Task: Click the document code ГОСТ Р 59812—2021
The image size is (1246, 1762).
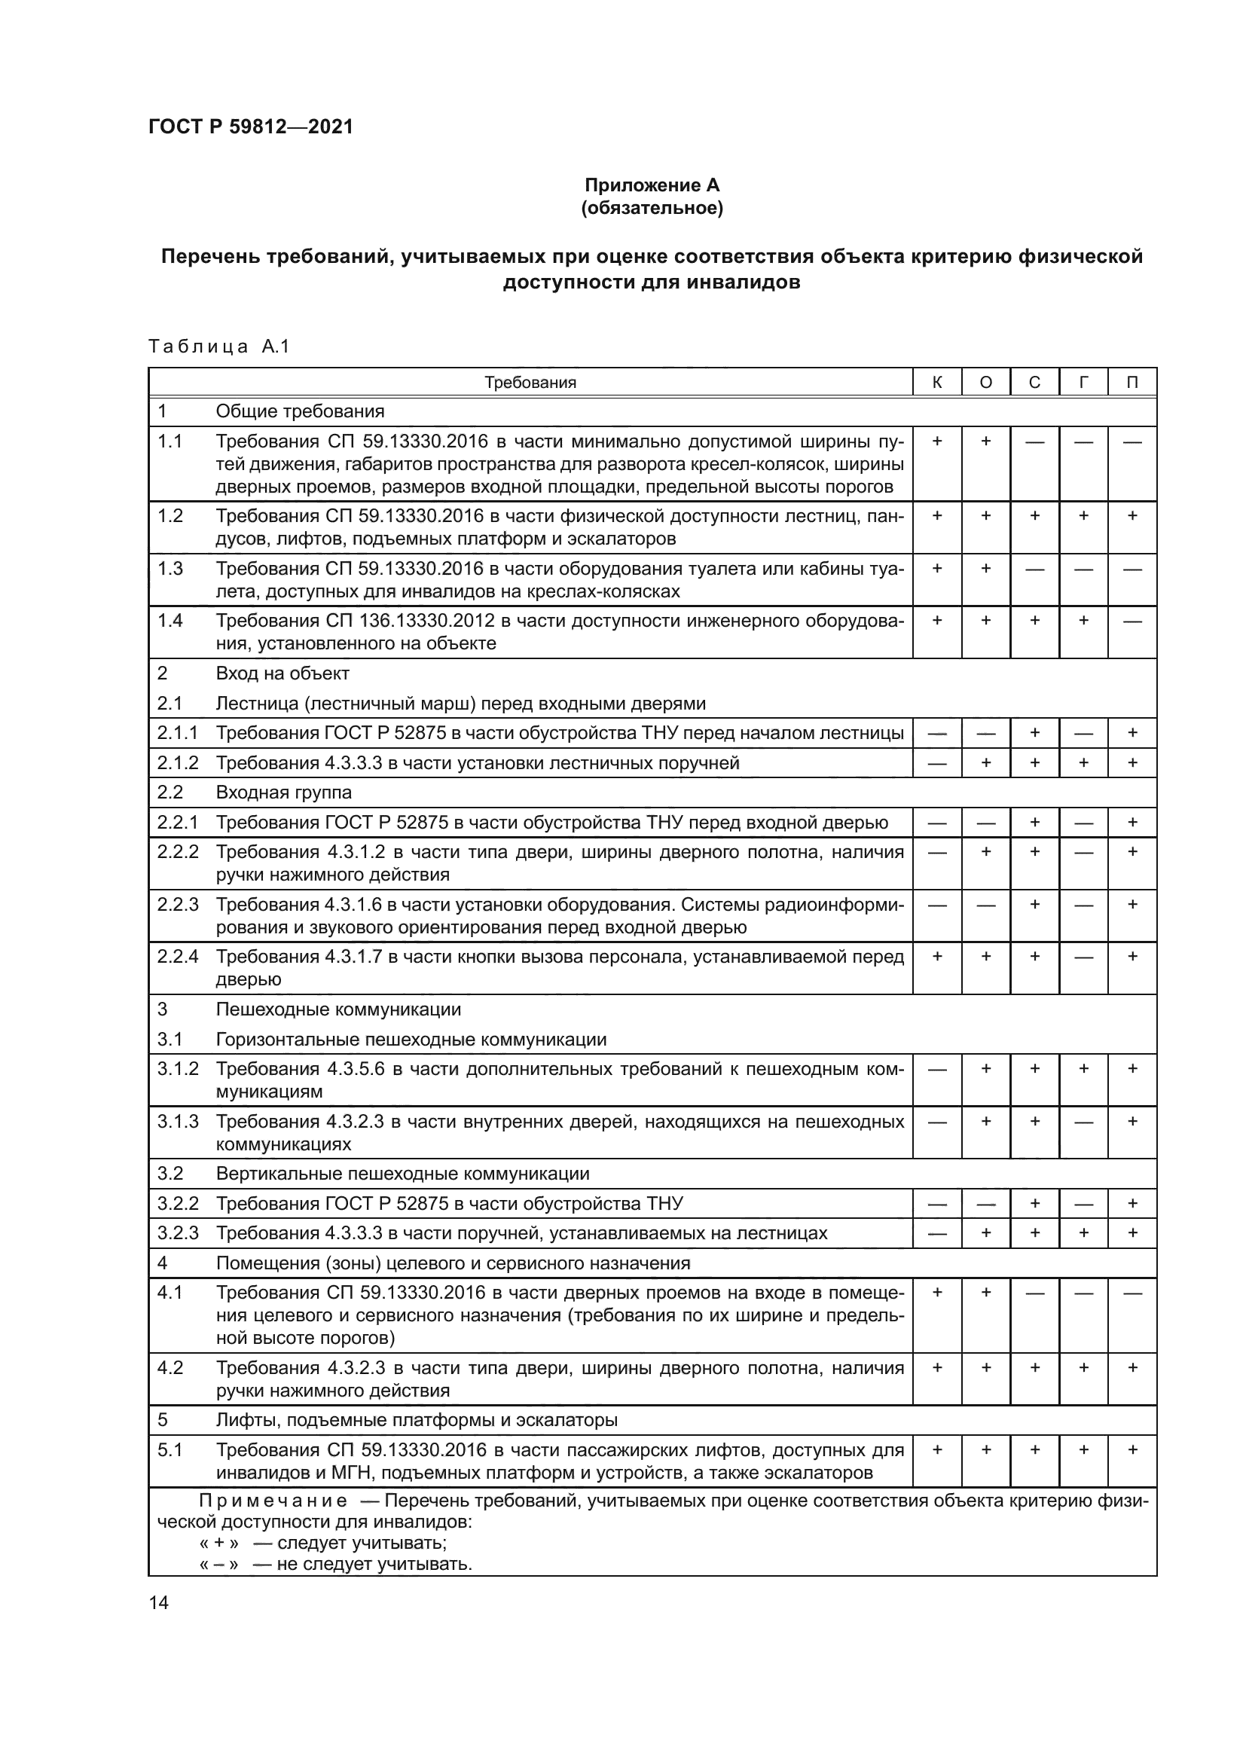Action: pos(251,127)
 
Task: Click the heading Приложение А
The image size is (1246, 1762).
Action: pos(652,185)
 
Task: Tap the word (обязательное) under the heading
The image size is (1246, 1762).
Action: pos(652,208)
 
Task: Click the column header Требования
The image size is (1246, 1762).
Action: pos(530,382)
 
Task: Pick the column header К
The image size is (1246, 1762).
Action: pos(937,382)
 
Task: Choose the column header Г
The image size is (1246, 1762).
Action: pos(1083,382)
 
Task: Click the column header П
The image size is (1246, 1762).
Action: pos(1132,382)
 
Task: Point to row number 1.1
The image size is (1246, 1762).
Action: pos(170,441)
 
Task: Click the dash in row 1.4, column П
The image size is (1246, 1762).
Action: pos(1132,621)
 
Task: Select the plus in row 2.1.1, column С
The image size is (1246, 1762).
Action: pos(1034,733)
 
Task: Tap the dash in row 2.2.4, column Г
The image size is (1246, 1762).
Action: pos(1083,957)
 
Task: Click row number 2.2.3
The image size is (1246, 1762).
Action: pos(178,905)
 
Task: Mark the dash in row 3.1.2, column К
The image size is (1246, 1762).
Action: pos(937,1069)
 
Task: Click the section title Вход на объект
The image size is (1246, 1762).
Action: pos(282,673)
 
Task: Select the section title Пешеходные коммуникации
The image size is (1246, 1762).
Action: pos(338,1009)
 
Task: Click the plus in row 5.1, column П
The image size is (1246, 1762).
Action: pos(1132,1449)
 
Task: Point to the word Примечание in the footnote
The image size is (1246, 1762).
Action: pos(273,1501)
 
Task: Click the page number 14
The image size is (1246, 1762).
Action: pos(159,1602)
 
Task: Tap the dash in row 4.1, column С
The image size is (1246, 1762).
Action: pos(1034,1293)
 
